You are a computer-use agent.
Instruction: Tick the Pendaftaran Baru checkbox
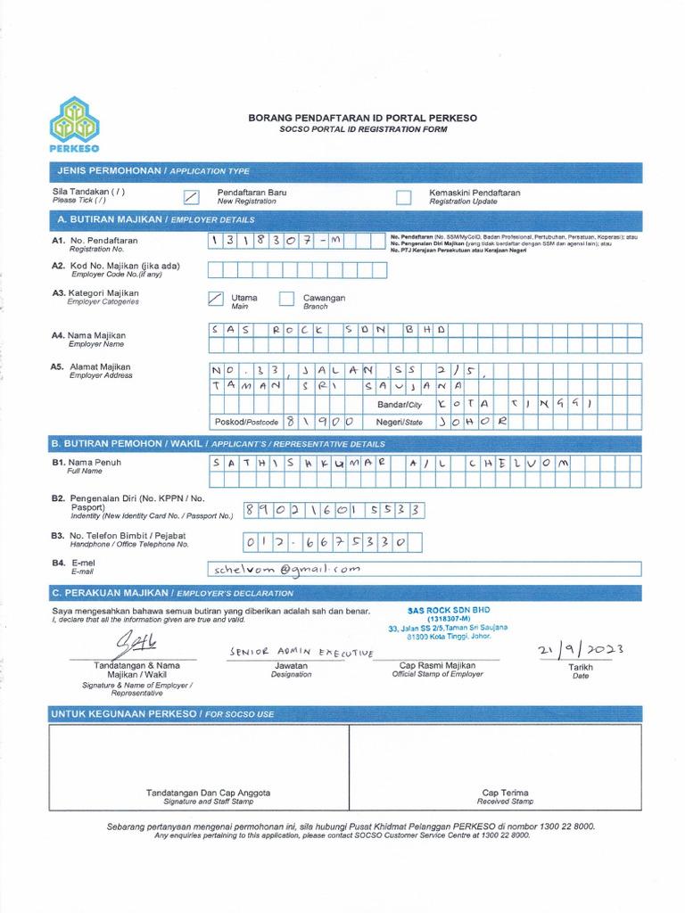click(191, 197)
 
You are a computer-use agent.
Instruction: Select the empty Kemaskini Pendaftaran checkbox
click(403, 197)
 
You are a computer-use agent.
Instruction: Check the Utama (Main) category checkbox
click(215, 299)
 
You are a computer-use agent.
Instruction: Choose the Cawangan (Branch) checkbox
click(286, 299)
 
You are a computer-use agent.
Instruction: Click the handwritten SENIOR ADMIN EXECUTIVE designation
click(301, 653)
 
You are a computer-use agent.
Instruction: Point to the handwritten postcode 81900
click(320, 421)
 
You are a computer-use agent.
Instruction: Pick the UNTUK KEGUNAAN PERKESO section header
click(162, 714)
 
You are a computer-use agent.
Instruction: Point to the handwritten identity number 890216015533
click(332, 510)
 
